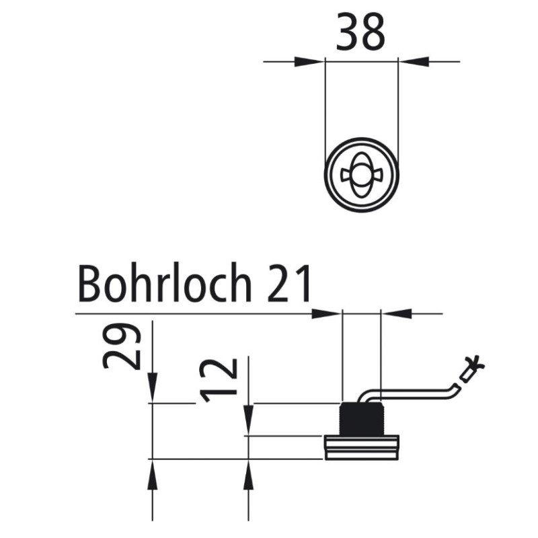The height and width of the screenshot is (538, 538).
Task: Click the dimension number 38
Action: point(361,32)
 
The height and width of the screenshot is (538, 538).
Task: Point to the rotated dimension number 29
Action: point(122,346)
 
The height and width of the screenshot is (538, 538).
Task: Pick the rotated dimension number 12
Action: point(220,380)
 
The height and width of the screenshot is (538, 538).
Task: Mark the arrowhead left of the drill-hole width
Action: point(328,313)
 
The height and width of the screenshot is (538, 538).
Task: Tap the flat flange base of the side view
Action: point(361,447)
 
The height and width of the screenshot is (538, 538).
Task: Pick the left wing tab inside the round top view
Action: point(347,175)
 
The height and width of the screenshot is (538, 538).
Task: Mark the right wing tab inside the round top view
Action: point(376,175)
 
